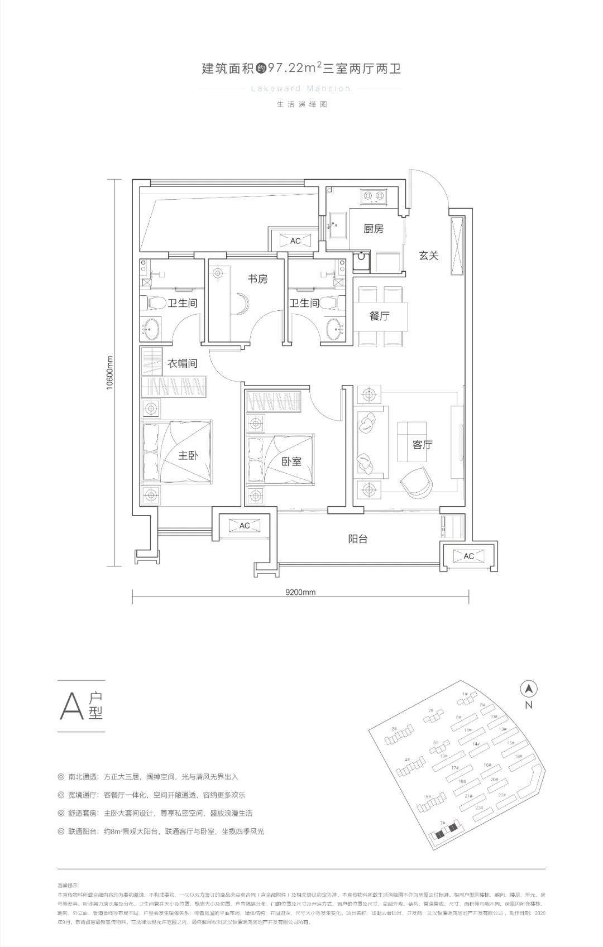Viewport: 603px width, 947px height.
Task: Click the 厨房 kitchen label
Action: coord(373,229)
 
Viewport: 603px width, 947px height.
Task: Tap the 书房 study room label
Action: coord(257,279)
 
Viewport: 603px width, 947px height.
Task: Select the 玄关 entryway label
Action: coord(429,256)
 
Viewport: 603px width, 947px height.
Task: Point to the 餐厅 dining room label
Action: coord(379,316)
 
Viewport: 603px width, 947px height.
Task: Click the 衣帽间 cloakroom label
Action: coord(183,363)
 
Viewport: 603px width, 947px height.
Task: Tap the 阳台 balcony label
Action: coord(357,539)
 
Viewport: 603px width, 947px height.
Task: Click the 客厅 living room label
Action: coord(422,445)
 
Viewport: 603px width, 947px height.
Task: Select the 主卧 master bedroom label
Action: coord(188,455)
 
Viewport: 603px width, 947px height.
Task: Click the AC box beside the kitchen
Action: coord(295,241)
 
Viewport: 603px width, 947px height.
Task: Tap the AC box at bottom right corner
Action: coord(468,556)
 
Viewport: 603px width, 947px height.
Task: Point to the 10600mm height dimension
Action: coord(110,373)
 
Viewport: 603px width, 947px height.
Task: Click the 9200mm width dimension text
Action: coord(300,592)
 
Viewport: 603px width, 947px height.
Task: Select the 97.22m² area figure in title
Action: coord(293,68)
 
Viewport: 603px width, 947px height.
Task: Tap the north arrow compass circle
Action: coord(529,689)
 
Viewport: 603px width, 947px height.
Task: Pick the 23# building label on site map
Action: coord(478,807)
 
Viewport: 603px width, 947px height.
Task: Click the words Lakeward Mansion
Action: coord(301,88)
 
